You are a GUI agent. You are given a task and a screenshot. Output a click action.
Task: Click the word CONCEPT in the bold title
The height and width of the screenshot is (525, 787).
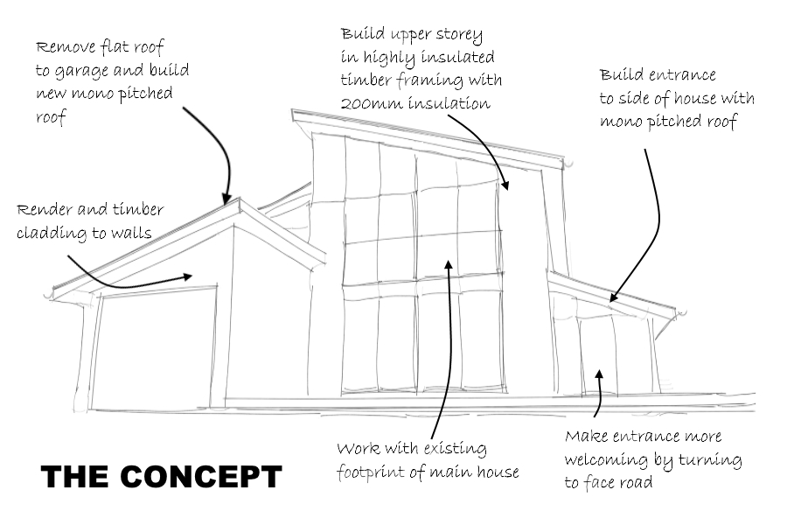201,476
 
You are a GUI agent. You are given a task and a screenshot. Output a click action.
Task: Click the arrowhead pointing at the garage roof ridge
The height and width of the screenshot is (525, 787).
226,199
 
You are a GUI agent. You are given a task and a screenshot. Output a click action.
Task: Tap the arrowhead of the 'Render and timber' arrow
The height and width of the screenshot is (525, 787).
186,276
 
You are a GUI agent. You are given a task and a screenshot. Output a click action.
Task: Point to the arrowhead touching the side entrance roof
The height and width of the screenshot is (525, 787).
613,297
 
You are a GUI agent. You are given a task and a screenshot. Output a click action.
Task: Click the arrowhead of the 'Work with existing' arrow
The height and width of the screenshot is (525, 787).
449,265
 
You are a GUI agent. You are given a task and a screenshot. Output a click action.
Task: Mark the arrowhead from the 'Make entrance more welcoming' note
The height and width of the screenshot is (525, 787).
599,375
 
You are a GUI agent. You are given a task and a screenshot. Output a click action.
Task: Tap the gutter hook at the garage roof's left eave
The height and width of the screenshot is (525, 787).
49,295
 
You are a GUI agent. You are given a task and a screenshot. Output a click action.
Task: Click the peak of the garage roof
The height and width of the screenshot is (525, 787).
240,199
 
